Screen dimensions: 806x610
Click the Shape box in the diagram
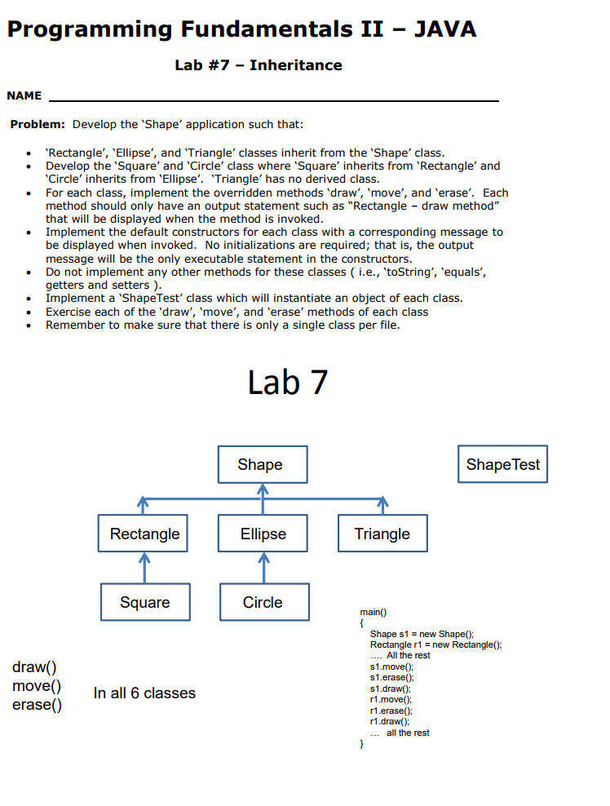263,464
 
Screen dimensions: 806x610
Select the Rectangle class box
144,534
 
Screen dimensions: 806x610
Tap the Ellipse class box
263,534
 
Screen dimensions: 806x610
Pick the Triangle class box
382,534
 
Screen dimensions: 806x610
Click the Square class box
144,603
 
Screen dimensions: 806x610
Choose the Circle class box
263,603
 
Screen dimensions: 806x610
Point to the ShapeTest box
502,464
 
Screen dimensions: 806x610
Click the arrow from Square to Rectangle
144,569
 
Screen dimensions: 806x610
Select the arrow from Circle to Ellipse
263,569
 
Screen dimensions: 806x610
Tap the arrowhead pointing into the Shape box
263,489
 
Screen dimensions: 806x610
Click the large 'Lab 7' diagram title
287,382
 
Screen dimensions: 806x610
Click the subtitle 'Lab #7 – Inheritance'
259,65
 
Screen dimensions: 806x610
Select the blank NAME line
274,98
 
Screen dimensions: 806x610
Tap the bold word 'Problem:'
38,125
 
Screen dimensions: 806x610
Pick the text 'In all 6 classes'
144,693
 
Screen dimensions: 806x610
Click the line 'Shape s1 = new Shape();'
422,634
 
